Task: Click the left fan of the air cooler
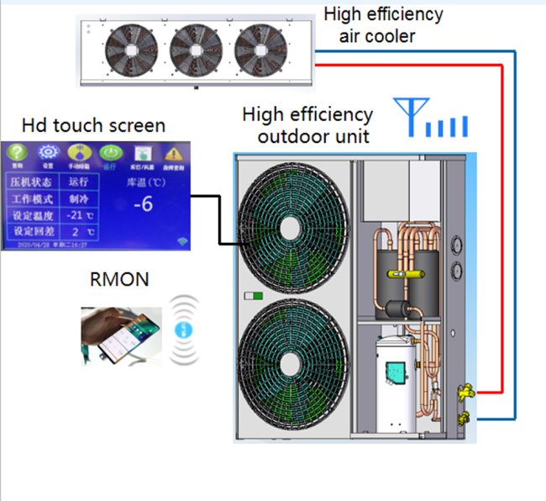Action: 129,50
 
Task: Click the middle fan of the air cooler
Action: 196,50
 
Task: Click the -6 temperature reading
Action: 144,204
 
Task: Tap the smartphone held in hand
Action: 118,336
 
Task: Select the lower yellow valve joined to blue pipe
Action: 461,418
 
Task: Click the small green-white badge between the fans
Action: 249,296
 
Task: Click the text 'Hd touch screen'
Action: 93,126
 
